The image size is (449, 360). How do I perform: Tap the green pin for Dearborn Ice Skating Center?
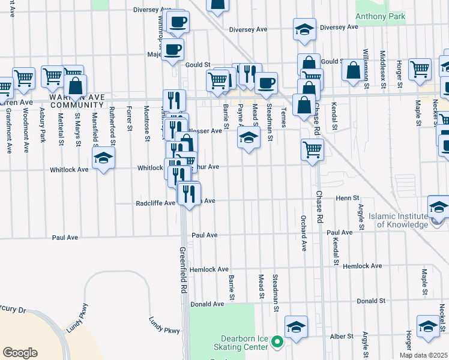click(277, 343)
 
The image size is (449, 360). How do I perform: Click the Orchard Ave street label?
click(304, 232)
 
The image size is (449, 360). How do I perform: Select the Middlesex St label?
click(382, 70)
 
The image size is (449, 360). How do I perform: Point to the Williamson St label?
click(366, 69)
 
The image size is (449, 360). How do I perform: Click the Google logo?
click(20, 352)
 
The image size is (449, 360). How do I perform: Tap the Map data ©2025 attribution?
click(423, 355)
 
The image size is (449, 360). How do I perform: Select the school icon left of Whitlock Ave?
click(103, 158)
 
